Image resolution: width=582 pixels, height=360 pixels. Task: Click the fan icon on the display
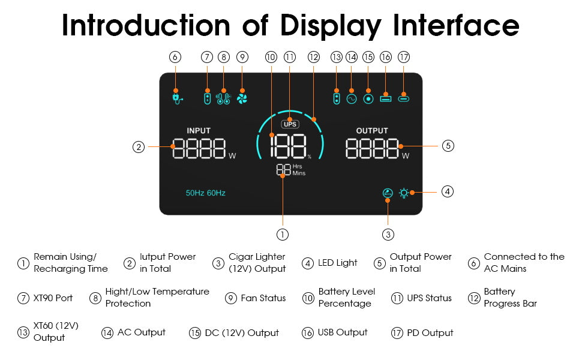pyautogui.click(x=242, y=98)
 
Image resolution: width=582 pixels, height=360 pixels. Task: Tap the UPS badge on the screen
pyautogui.click(x=290, y=124)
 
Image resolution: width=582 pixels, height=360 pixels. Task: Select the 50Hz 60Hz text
pyautogui.click(x=205, y=193)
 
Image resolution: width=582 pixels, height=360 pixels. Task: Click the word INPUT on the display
pyautogui.click(x=199, y=131)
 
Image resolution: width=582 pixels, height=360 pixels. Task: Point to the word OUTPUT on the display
pyautogui.click(x=372, y=131)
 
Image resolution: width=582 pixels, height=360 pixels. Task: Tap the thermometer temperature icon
pyautogui.click(x=223, y=98)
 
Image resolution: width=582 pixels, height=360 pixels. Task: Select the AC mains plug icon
pyautogui.click(x=176, y=98)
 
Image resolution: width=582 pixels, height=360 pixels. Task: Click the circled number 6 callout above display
pyautogui.click(x=175, y=57)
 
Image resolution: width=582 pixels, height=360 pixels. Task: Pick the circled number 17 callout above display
pyautogui.click(x=404, y=57)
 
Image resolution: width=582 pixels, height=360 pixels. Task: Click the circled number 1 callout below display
pyautogui.click(x=283, y=234)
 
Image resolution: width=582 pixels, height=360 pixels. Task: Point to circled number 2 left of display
pyautogui.click(x=139, y=146)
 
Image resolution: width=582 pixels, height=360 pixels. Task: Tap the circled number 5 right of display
pyautogui.click(x=448, y=145)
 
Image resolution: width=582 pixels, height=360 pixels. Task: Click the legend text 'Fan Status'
pyautogui.click(x=263, y=298)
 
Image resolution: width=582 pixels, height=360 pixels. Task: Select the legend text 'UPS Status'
pyautogui.click(x=429, y=298)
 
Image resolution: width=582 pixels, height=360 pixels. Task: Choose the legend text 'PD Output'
pyautogui.click(x=430, y=333)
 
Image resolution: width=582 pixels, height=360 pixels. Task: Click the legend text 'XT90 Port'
pyautogui.click(x=53, y=298)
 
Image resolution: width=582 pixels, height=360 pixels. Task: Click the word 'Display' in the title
pyautogui.click(x=331, y=26)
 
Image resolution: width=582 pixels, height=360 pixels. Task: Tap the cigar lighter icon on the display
pyautogui.click(x=388, y=193)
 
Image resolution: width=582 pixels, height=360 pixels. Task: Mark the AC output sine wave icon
pyautogui.click(x=352, y=98)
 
